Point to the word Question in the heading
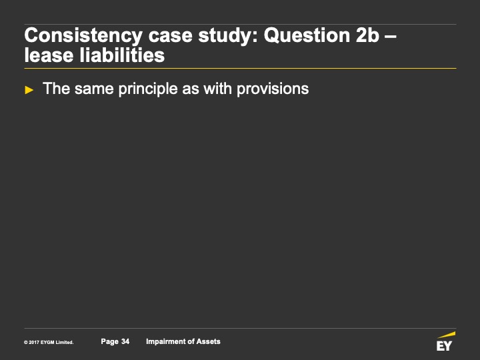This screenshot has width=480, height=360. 307,35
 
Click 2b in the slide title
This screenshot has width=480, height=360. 367,35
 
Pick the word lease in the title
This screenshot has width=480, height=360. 49,55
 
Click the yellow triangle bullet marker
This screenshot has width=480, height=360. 29,90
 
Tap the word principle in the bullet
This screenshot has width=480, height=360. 148,89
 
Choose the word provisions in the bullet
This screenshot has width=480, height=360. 273,89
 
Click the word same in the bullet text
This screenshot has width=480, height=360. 94,89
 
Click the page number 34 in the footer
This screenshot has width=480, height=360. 125,341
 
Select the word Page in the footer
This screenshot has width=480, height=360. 109,341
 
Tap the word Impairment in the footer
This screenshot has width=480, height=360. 165,341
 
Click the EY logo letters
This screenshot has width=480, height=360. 444,346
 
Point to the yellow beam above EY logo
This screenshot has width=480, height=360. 447,335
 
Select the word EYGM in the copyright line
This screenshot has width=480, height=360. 47,343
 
